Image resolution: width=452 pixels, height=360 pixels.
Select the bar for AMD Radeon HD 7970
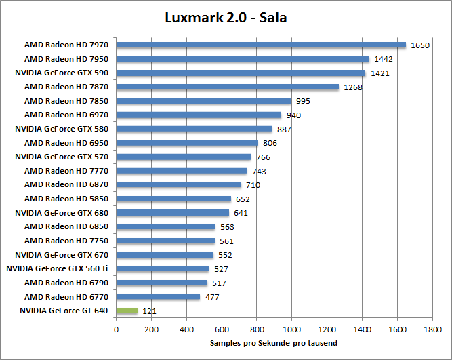tap(261, 45)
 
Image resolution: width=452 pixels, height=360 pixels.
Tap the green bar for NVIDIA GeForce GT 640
tap(127, 311)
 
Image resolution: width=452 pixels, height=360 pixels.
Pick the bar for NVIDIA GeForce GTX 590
tap(241, 73)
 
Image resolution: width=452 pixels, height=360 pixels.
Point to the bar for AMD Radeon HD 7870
tap(227, 87)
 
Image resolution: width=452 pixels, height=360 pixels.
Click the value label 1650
tap(420, 45)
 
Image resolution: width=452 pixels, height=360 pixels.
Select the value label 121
tap(149, 311)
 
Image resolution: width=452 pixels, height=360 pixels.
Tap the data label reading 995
tap(304, 101)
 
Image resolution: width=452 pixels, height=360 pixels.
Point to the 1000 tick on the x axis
tap(291, 329)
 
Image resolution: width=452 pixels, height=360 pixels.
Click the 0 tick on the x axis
tap(116, 329)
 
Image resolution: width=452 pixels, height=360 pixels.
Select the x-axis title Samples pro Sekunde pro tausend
tap(274, 343)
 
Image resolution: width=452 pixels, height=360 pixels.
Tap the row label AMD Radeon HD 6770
tap(66, 296)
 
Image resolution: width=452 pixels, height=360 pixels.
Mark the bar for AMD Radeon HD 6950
tap(186, 143)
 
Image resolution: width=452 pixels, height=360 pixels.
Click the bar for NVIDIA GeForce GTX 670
tap(165, 255)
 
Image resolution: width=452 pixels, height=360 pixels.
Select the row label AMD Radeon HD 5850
tap(66, 199)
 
